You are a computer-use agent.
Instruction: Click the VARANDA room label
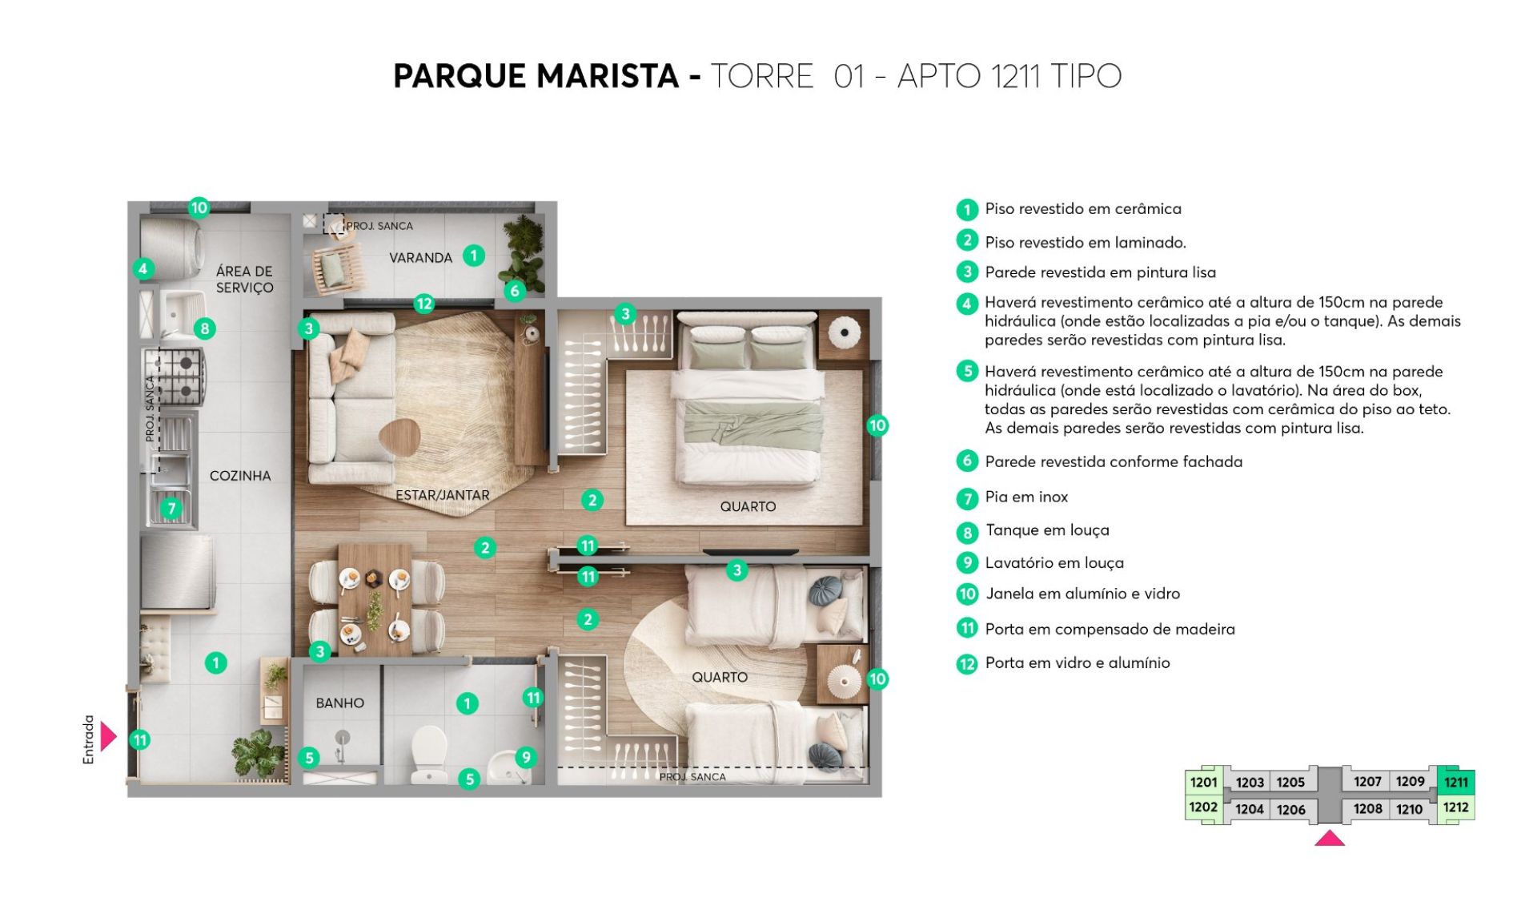[420, 258]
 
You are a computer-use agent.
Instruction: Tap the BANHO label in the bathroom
[339, 703]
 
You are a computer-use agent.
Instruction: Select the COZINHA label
[240, 476]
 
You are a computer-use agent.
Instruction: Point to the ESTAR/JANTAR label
[443, 495]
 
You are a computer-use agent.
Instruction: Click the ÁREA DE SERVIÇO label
[244, 280]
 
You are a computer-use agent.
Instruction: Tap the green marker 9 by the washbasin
[525, 757]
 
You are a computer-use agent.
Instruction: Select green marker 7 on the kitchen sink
[171, 508]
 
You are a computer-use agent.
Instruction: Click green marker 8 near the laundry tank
[205, 328]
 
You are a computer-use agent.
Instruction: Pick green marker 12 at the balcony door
[423, 304]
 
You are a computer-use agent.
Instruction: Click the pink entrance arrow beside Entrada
[108, 736]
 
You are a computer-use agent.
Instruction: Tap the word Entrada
[89, 739]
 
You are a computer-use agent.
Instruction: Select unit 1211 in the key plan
[1456, 783]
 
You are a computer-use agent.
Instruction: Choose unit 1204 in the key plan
[1249, 809]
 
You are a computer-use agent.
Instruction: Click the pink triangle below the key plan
[1330, 838]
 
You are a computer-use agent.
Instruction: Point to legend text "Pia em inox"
[1026, 497]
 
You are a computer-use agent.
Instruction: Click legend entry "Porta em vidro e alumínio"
[1078, 663]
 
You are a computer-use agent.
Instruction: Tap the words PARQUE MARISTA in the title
[536, 76]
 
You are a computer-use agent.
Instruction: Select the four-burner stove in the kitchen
[175, 376]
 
